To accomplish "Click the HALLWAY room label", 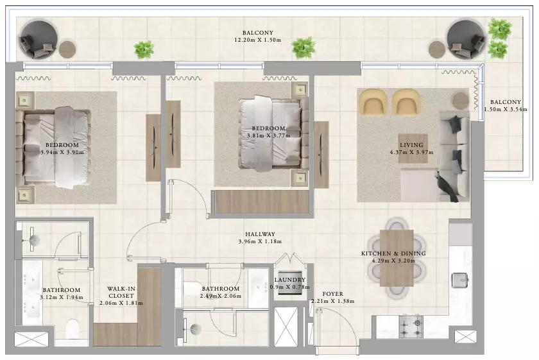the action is point(260,234).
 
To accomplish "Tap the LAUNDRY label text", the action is point(290,280).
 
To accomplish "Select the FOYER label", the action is point(333,294).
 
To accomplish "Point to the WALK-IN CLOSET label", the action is point(121,292).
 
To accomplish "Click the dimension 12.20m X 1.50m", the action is point(257,40).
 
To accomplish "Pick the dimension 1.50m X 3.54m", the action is point(506,109).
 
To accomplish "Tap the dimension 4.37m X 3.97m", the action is point(411,152).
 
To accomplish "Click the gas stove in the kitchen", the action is point(411,326).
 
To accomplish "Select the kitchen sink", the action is point(459,280).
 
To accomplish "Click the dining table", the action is point(397,258).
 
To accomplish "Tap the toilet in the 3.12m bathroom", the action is point(73,329).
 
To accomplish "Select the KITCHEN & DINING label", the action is point(393,253).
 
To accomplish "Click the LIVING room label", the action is point(411,145).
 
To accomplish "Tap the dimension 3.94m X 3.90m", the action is point(62,152).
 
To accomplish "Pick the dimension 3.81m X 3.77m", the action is point(268,135).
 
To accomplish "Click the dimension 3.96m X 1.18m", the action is point(260,241).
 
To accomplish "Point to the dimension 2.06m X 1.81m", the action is point(121,303).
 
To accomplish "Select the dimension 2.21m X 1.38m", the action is point(333,301).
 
